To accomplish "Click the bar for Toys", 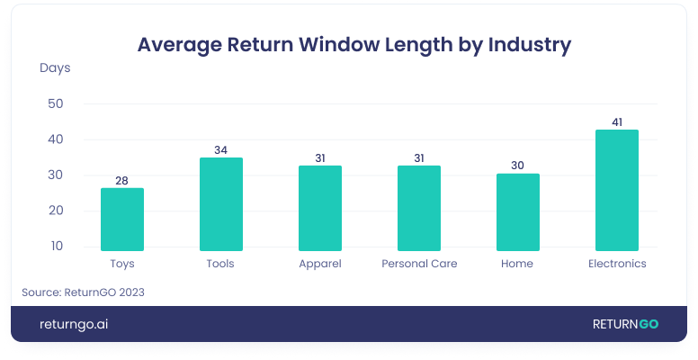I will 121,220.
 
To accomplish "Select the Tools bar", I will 220,204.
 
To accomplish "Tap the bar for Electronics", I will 616,190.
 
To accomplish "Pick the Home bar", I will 517,212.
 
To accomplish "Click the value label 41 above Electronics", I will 616,121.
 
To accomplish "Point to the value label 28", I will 121,180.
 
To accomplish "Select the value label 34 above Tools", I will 220,149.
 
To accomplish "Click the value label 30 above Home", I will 517,166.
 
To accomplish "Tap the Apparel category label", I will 319,264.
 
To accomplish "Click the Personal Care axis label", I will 419,264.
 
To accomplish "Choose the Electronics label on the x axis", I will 616,264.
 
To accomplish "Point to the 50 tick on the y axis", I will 55,103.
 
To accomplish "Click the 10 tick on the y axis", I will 55,246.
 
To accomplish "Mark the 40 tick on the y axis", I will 55,139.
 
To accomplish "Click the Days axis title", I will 55,67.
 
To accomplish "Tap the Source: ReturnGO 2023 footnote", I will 83,292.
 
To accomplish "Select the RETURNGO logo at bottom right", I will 624,324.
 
